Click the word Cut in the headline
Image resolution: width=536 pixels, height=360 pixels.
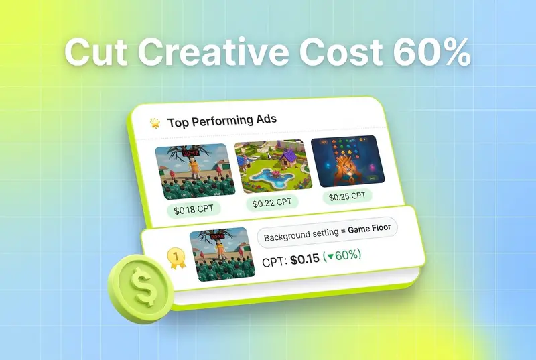pos(96,52)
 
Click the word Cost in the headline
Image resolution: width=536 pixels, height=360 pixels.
pos(341,52)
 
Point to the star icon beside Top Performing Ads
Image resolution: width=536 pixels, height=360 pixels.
pos(155,123)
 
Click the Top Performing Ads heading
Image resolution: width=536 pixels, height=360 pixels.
pos(222,121)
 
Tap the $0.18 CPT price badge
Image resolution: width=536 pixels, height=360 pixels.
pos(194,209)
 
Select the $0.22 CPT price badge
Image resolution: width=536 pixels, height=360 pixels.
pos(272,202)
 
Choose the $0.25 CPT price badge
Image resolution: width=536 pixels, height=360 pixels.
pos(347,196)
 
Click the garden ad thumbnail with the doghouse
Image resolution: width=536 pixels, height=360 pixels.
pos(273,166)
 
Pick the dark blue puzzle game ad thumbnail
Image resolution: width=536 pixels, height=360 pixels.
pos(348,162)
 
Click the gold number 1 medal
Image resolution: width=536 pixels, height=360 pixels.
pos(176,258)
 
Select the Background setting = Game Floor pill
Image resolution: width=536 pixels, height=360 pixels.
pos(327,233)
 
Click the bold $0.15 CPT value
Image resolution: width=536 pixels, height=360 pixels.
pos(305,259)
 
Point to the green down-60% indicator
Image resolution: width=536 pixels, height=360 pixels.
pos(342,255)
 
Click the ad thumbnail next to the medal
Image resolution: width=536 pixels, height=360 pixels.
pos(222,254)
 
